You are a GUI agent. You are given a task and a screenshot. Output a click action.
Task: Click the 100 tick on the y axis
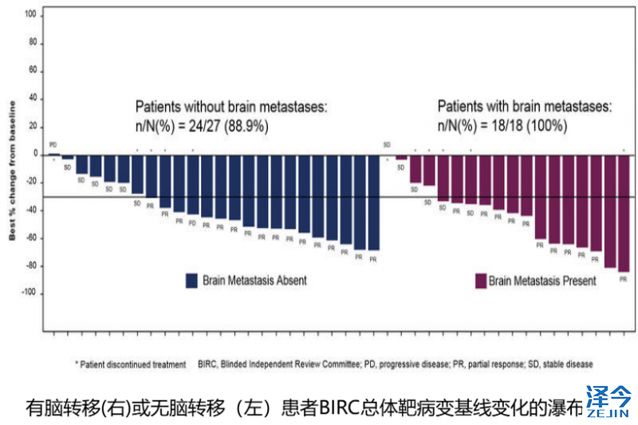(30, 14)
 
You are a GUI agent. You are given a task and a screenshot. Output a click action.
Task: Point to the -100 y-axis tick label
(29, 293)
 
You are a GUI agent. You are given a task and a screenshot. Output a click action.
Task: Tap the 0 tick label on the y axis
(33, 154)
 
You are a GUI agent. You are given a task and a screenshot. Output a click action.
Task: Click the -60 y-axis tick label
(30, 238)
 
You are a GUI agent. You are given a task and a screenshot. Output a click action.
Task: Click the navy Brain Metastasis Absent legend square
(191, 281)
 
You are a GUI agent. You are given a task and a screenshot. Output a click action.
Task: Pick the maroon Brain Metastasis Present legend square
(481, 281)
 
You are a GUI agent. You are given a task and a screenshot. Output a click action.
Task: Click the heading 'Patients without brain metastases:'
(231, 107)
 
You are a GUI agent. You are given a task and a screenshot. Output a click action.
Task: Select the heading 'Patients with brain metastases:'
(525, 107)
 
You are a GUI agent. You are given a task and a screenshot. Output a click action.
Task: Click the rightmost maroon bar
(623, 213)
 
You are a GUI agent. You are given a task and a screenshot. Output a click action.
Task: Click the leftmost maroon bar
(401, 157)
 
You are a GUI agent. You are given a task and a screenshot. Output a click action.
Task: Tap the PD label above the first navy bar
(53, 145)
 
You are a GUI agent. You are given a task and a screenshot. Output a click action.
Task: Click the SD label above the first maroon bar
(387, 144)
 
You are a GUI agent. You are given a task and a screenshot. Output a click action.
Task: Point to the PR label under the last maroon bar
(623, 279)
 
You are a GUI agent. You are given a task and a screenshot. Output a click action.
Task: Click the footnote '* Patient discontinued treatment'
(131, 364)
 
